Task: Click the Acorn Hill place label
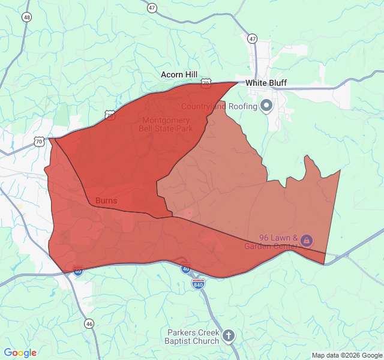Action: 179,74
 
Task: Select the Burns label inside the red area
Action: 106,200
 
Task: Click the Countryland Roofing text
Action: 219,107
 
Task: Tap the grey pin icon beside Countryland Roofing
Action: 266,107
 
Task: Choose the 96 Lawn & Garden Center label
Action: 278,241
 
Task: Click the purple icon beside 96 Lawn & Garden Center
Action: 307,241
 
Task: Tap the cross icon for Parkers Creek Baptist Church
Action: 229,336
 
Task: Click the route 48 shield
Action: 27,17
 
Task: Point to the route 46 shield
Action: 89,323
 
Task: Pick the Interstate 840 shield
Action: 198,283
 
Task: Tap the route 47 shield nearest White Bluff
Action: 252,39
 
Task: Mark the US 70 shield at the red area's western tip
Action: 39,142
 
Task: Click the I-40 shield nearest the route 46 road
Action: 78,271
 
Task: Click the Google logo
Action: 20,353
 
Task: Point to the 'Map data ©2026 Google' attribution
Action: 347,355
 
